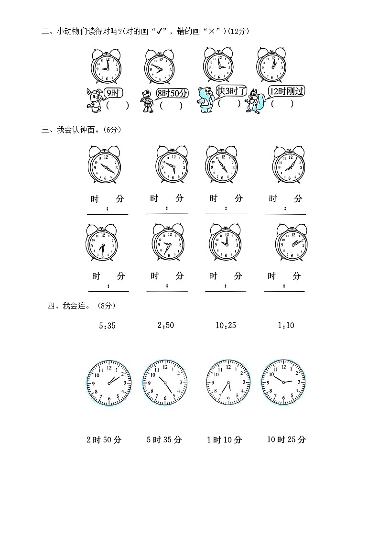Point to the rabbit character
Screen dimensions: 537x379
tap(95, 100)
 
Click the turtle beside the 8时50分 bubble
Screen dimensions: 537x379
tap(147, 102)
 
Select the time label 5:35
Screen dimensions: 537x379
tap(107, 326)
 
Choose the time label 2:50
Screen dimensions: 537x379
tap(165, 325)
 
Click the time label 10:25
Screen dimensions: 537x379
tap(226, 326)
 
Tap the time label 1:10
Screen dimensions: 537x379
tap(286, 326)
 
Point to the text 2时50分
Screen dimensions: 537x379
tap(104, 440)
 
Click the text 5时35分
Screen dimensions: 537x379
tap(164, 440)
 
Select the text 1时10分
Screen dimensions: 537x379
tap(224, 440)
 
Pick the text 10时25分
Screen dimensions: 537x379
tap(286, 440)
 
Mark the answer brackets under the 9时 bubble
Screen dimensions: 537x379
tap(117, 106)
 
